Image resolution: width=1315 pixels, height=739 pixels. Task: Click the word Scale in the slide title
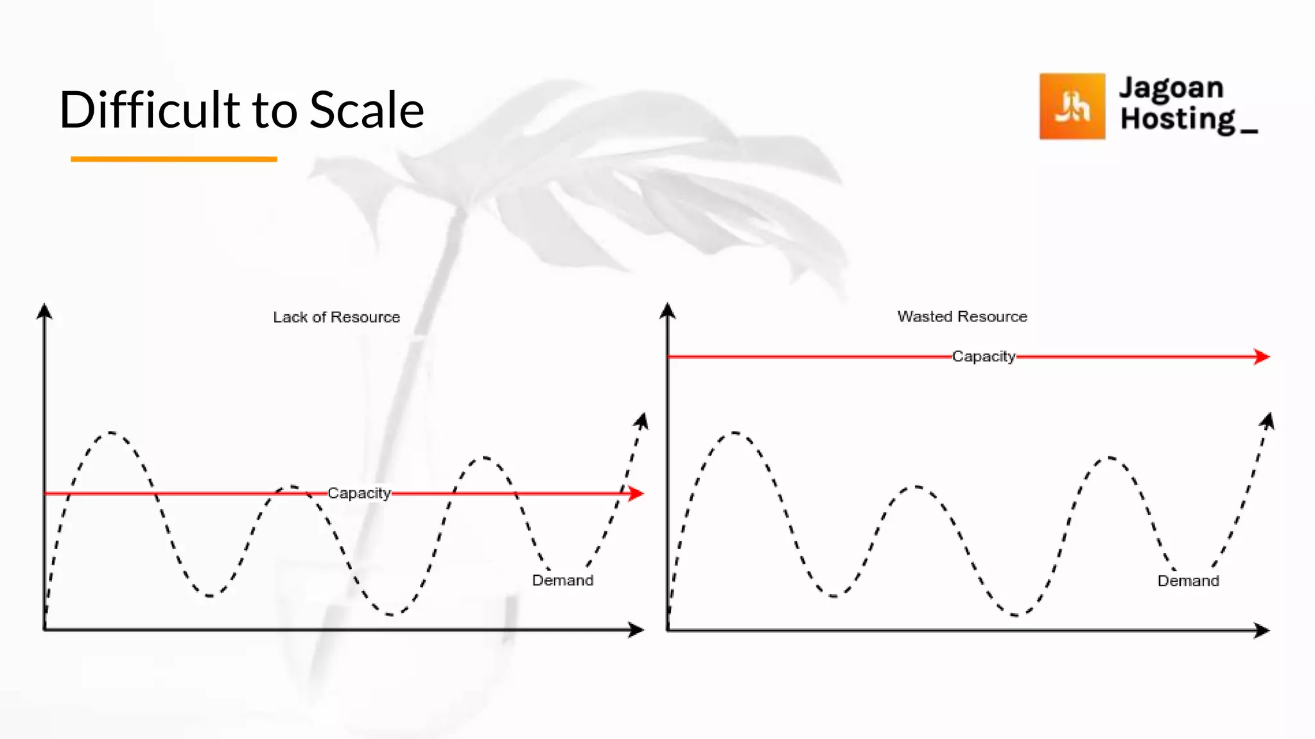point(367,110)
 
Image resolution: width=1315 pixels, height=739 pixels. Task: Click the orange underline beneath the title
point(173,158)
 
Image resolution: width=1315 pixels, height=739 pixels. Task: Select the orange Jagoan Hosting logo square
point(1072,106)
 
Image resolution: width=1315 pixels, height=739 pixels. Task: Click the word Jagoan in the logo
point(1171,88)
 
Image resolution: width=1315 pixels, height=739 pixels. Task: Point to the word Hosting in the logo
point(1178,119)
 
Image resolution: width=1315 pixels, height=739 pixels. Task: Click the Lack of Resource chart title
point(336,317)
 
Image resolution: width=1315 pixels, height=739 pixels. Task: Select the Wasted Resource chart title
point(962,316)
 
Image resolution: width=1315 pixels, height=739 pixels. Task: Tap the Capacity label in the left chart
point(359,493)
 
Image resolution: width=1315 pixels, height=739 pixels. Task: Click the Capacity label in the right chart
point(983,356)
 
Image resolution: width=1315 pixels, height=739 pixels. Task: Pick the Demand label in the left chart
point(562,580)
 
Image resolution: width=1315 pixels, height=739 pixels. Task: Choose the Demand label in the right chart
point(1188,581)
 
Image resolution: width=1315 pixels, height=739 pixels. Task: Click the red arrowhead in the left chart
point(636,493)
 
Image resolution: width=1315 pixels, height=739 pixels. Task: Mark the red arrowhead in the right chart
point(1262,357)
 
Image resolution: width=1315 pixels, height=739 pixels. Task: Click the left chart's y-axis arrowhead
point(44,311)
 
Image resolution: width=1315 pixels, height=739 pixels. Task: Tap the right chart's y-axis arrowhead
point(668,310)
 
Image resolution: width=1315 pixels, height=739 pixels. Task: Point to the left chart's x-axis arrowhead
point(636,630)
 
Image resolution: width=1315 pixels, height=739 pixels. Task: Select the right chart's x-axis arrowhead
point(1262,631)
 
